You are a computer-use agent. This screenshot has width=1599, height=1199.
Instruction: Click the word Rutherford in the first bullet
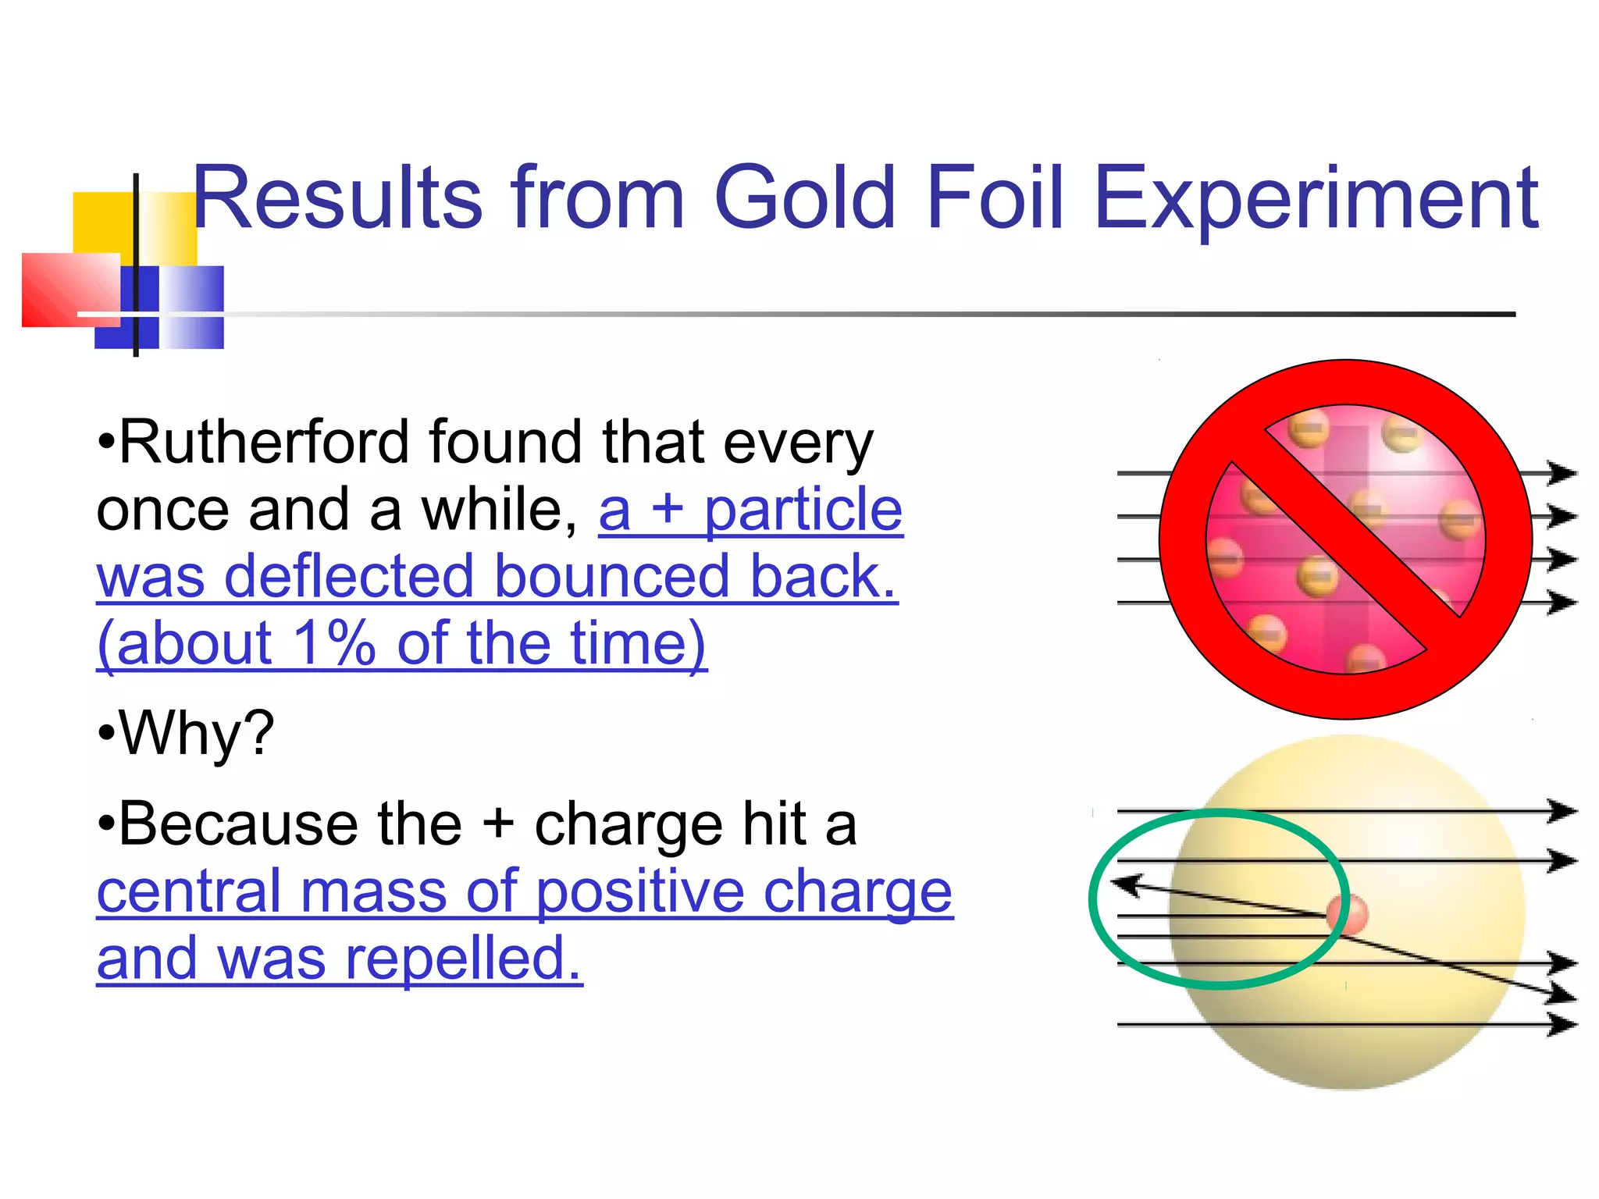point(264,442)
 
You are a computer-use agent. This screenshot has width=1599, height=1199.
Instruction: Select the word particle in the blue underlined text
point(803,510)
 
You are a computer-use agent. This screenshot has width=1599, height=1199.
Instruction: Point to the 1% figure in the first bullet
point(333,643)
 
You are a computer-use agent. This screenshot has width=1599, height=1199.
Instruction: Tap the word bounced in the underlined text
point(611,576)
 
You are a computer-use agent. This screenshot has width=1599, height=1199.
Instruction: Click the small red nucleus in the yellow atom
point(1348,914)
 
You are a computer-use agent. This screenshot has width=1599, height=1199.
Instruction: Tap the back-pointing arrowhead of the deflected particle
point(1126,884)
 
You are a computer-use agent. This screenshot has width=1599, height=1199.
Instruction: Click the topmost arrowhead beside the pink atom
point(1562,473)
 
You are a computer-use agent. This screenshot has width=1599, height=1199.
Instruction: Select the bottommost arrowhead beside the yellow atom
point(1562,1023)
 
